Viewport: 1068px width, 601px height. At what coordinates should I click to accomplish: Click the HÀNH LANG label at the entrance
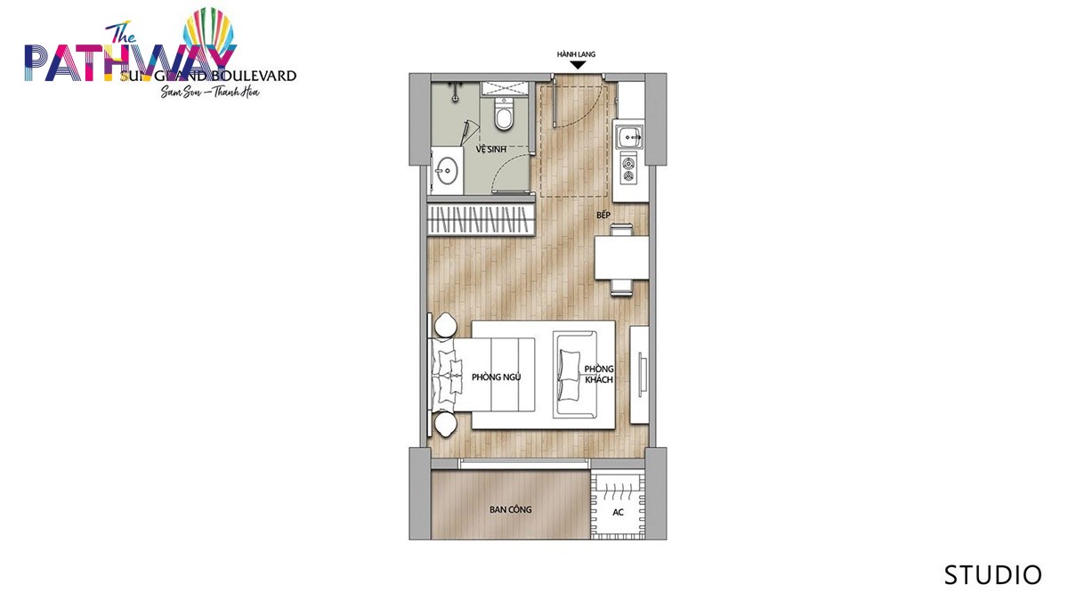[576, 54]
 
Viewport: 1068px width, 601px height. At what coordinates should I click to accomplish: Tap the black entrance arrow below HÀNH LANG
[578, 65]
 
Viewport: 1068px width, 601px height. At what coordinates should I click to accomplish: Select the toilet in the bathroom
[504, 114]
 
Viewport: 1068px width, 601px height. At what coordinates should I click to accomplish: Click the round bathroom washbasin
[446, 170]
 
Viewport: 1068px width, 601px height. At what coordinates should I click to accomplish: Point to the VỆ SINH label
[490, 150]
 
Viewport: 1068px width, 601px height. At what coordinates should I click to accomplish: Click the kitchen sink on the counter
[629, 136]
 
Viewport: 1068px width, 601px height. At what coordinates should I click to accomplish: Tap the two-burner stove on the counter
[629, 170]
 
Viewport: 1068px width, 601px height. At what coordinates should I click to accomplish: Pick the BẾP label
[603, 215]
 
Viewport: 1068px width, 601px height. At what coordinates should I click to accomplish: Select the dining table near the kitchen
[621, 257]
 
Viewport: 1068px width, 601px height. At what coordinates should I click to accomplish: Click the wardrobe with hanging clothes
[481, 220]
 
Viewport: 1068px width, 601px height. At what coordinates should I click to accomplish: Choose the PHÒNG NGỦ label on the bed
[496, 378]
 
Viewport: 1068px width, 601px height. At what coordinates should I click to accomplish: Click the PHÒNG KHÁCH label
[599, 375]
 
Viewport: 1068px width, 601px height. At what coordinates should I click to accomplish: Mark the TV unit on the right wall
[639, 375]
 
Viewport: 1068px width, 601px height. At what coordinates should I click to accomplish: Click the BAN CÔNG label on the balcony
[510, 510]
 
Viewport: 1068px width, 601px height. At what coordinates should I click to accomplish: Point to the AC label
[618, 512]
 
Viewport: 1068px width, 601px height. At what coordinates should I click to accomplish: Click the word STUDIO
[992, 575]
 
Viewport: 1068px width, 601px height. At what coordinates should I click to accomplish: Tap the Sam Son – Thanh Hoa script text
[210, 92]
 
